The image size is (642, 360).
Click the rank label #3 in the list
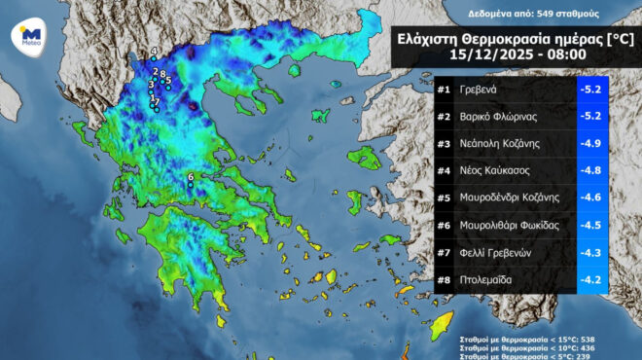[444, 143]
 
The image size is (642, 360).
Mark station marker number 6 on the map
[191, 177]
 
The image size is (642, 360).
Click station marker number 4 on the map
[154, 51]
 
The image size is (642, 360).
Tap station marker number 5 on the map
[168, 81]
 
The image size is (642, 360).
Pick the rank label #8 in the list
[444, 279]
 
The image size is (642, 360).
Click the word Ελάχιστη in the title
[433, 39]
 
